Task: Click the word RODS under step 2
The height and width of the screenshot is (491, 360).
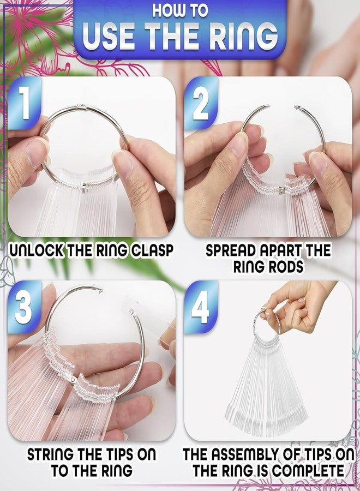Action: [285, 267]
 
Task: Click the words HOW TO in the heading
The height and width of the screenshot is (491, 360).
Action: [180, 10]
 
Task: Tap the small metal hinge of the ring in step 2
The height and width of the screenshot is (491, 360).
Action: [281, 190]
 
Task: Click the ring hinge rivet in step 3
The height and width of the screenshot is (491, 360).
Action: [73, 380]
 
